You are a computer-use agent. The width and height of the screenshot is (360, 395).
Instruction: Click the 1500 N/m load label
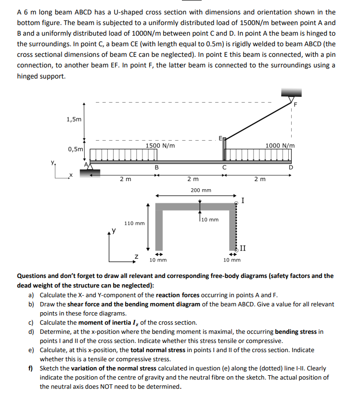[160, 145]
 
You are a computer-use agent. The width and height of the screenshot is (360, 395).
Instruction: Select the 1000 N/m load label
[280, 145]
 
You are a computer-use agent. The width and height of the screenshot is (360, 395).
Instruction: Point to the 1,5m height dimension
[74, 119]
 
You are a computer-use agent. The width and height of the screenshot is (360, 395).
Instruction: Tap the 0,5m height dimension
[75, 149]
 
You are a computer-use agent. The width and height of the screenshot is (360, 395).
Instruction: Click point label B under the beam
[156, 168]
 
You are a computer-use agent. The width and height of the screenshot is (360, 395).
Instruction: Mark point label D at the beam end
[290, 168]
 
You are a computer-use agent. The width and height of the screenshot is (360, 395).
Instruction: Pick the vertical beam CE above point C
[224, 150]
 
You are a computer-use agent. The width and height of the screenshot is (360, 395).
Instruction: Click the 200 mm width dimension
[200, 190]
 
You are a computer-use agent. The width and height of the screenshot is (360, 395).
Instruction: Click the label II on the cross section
[243, 249]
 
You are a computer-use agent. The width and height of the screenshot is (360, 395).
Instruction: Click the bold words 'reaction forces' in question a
[178, 295]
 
